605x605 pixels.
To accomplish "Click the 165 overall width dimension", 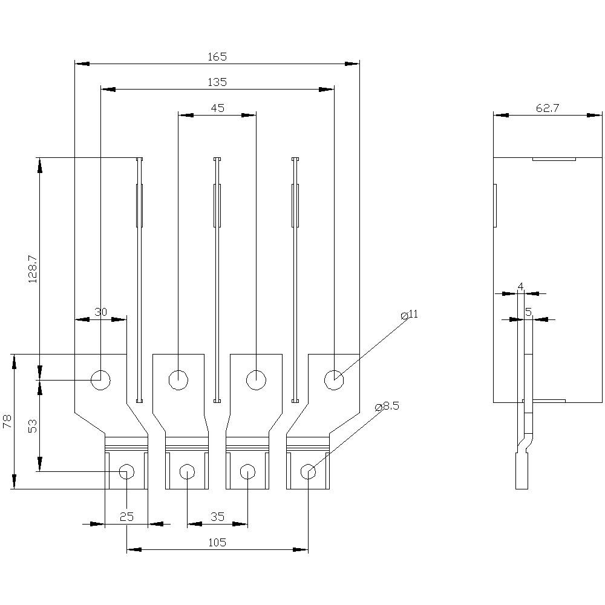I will pyautogui.click(x=217, y=56).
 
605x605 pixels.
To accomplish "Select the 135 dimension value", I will pyautogui.click(x=217, y=82).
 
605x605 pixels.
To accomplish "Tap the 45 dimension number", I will pyautogui.click(x=217, y=108).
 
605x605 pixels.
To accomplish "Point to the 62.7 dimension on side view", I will pyautogui.click(x=548, y=108).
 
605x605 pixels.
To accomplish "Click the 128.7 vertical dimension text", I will pyautogui.click(x=33, y=269).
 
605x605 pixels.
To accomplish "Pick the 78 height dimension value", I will pyautogui.click(x=7, y=422).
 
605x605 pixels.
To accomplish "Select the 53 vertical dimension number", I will pyautogui.click(x=33, y=426).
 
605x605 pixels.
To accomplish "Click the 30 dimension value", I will pyautogui.click(x=100, y=312).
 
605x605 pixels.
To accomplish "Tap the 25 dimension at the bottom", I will pyautogui.click(x=126, y=517).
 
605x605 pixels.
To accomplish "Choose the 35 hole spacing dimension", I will pyautogui.click(x=217, y=517).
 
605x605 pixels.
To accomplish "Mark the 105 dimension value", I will pyautogui.click(x=217, y=543).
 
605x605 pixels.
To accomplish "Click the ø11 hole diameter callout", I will pyautogui.click(x=410, y=315).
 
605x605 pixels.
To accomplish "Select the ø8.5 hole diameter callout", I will pyautogui.click(x=387, y=406).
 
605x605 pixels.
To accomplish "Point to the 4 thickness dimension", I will pyautogui.click(x=520, y=286).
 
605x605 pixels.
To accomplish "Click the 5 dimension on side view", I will pyautogui.click(x=528, y=312).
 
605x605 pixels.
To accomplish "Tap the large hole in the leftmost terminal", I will pyautogui.click(x=100, y=380).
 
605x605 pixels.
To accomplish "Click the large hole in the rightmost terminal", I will pyautogui.click(x=334, y=380).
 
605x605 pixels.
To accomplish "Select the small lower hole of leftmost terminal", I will pyautogui.click(x=126, y=471).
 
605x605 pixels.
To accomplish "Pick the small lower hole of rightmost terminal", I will pyautogui.click(x=308, y=471).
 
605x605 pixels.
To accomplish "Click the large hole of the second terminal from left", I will pyautogui.click(x=178, y=380).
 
